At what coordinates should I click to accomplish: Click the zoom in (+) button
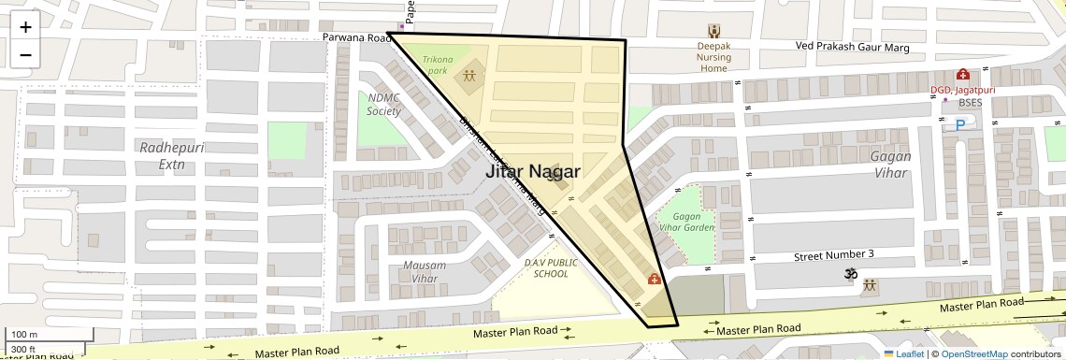[25, 26]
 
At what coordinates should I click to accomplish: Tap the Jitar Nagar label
[532, 172]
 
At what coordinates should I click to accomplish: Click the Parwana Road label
[355, 38]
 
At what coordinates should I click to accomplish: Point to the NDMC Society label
[383, 104]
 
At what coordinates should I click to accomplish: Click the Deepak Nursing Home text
[713, 56]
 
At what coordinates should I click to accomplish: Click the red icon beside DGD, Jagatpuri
[961, 75]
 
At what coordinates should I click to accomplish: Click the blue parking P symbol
[959, 124]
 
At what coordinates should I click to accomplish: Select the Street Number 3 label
[833, 254]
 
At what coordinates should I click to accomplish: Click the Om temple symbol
[851, 273]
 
